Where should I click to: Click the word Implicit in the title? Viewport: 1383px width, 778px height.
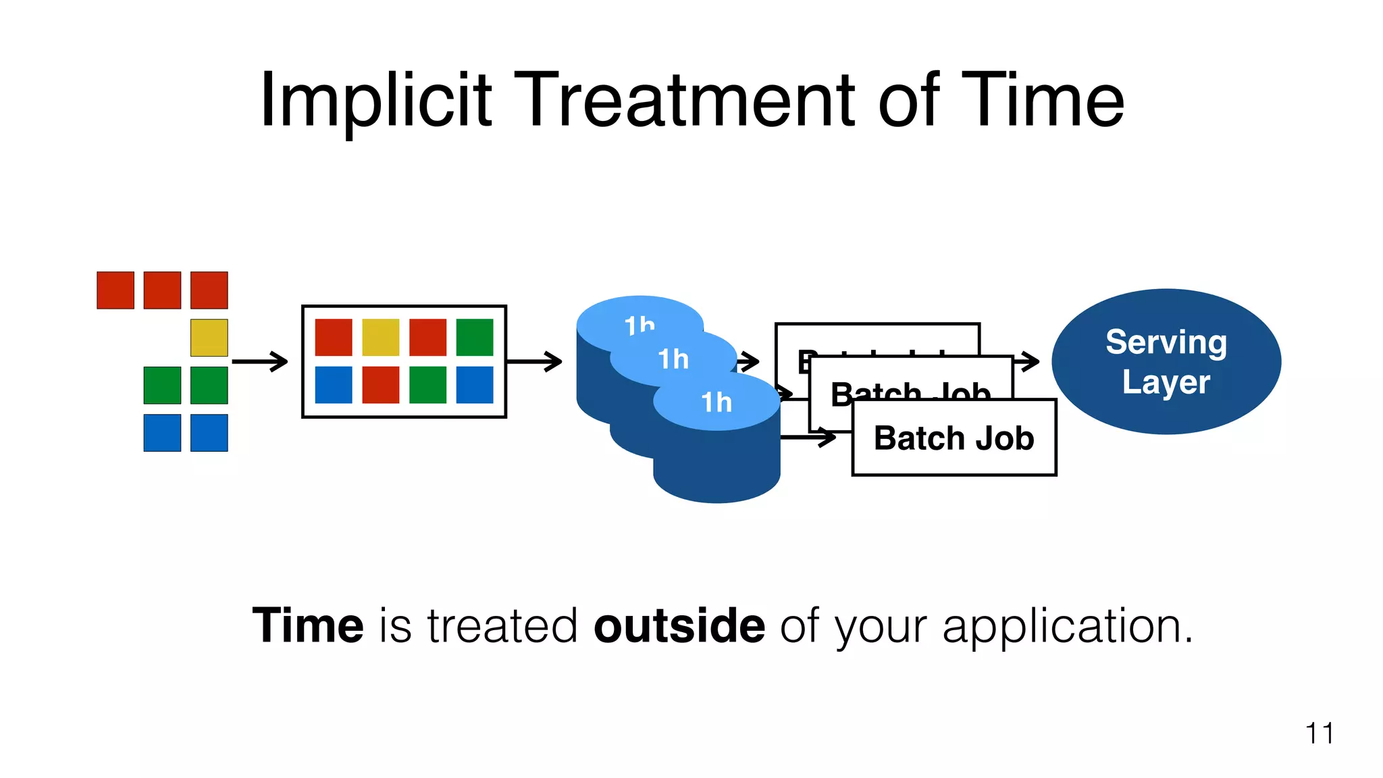point(375,101)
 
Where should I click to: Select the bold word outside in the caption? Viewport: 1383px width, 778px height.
point(679,625)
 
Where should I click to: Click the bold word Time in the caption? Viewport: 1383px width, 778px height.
point(308,625)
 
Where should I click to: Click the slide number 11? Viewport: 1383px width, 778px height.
point(1319,733)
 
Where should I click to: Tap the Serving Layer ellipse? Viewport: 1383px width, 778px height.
point(1166,362)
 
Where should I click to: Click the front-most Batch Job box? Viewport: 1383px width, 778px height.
point(954,438)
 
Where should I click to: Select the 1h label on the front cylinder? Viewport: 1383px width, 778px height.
point(716,403)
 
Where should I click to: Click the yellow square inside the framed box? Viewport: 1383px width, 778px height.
point(381,337)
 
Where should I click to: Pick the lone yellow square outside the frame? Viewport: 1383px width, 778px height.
point(209,338)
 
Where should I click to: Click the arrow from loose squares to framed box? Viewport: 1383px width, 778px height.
point(260,361)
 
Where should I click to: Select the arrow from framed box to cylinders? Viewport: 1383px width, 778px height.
point(534,361)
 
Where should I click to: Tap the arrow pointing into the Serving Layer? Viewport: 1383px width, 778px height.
point(1026,361)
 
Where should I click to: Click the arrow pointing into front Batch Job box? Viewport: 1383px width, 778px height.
point(809,438)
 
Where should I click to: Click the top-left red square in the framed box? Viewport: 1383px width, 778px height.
point(334,337)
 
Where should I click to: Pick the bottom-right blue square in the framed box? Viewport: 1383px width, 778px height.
point(475,385)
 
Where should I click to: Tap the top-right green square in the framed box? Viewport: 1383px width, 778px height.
point(475,337)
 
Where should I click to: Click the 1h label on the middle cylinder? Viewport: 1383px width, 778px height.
point(673,359)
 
